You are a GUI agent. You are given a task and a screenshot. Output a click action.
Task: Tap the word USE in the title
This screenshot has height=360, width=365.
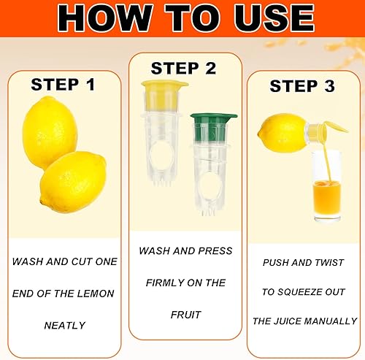tap(274, 18)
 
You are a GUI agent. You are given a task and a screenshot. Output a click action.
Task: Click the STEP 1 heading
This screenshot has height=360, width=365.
tap(63, 85)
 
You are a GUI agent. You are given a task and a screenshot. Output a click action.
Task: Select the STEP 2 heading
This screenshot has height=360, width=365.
tap(183, 68)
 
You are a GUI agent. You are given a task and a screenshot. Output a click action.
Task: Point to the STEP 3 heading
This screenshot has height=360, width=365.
tap(302, 86)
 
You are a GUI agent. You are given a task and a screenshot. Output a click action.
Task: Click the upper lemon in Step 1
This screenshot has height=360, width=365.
tap(50, 131)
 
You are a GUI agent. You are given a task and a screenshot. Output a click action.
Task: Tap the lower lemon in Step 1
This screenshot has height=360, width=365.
tap(74, 182)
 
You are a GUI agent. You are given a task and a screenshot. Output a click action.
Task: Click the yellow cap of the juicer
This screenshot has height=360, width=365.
tap(163, 95)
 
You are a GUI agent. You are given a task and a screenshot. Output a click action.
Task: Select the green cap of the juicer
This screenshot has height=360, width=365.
tap(212, 126)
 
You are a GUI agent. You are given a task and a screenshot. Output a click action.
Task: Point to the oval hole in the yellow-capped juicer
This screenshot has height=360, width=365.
tap(161, 156)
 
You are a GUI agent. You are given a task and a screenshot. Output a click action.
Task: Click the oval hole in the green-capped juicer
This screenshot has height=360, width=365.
tap(210, 187)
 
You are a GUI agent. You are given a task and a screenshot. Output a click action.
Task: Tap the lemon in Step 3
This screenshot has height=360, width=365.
tap(283, 133)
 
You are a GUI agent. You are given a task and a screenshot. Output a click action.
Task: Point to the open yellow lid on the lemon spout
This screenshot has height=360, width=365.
tap(336, 128)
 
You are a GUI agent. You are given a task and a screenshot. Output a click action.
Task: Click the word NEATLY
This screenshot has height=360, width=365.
tap(65, 326)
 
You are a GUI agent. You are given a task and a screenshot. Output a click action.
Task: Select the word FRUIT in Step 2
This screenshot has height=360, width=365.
tap(185, 315)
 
